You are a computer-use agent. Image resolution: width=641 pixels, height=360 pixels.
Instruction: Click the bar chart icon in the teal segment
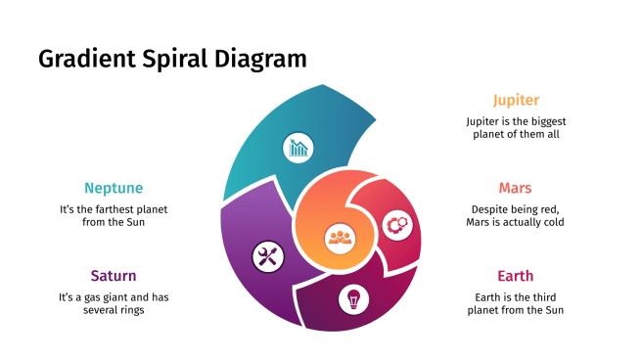point(298,149)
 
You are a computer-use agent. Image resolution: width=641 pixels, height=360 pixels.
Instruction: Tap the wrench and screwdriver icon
point(266,257)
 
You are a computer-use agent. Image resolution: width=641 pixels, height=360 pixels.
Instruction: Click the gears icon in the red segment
point(396,225)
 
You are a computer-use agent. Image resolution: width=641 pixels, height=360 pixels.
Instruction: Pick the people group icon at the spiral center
point(340,236)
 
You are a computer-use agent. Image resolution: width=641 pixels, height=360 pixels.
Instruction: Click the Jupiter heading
point(515,100)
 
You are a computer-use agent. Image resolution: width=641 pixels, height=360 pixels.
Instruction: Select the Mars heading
point(515,187)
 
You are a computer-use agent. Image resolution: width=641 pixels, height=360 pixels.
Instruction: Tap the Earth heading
point(515,275)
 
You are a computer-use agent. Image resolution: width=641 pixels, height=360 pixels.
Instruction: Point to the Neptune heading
point(114,188)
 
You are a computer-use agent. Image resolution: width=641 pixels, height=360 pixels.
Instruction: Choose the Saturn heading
point(114,275)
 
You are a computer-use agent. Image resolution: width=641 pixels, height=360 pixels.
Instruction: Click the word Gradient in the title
point(84,59)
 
